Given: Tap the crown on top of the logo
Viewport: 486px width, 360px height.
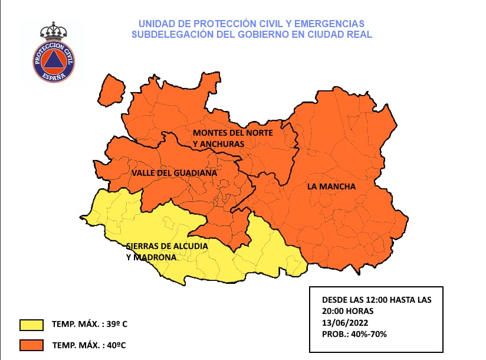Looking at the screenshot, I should [x=54, y=31].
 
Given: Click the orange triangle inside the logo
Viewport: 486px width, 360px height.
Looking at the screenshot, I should [x=54, y=61].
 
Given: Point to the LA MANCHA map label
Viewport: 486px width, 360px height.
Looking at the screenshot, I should [x=331, y=186].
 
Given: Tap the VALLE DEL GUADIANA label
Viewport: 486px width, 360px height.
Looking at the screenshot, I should [x=174, y=173].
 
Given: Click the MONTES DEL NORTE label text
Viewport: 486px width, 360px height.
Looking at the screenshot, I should [x=232, y=133].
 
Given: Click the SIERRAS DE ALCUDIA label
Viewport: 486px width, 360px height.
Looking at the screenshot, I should [x=167, y=246].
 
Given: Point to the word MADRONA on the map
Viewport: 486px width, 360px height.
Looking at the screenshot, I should [x=155, y=257].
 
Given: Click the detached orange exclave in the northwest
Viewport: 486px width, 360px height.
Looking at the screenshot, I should [x=111, y=90].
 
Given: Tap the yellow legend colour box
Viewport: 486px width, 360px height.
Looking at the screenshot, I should [x=31, y=325].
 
